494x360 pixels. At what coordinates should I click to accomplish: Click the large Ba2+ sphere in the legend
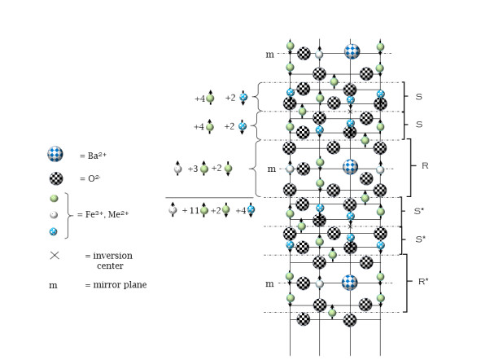(x=55, y=153)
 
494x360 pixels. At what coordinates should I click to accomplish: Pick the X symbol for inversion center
(x=55, y=256)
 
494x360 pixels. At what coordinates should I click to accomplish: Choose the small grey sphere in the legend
(x=54, y=214)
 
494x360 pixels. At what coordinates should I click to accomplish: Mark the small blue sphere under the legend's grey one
(x=54, y=231)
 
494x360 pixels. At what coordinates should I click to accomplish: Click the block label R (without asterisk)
(x=424, y=164)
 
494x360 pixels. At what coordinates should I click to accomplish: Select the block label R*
(x=425, y=281)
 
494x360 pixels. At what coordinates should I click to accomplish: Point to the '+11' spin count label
(x=190, y=210)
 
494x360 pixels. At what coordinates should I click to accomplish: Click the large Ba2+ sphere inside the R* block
(x=351, y=283)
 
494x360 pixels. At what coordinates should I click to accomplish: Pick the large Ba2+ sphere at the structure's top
(x=352, y=51)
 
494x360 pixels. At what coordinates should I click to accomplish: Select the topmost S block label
(x=418, y=97)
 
